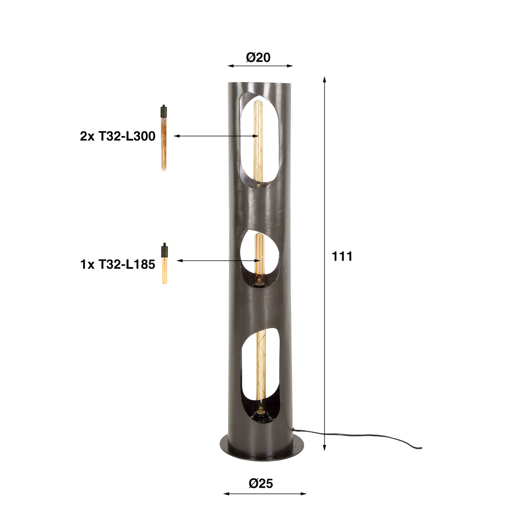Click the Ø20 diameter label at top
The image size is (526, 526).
pyautogui.click(x=258, y=58)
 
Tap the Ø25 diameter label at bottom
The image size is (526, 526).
pyautogui.click(x=261, y=483)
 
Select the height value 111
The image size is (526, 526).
pyautogui.click(x=342, y=257)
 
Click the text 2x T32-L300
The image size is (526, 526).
pyautogui.click(x=118, y=137)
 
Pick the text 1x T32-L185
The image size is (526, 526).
pyautogui.click(x=118, y=265)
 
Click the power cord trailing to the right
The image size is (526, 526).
pyautogui.click(x=364, y=436)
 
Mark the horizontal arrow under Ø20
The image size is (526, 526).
pyautogui.click(x=260, y=66)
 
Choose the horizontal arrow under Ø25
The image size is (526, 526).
pyautogui.click(x=265, y=494)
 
